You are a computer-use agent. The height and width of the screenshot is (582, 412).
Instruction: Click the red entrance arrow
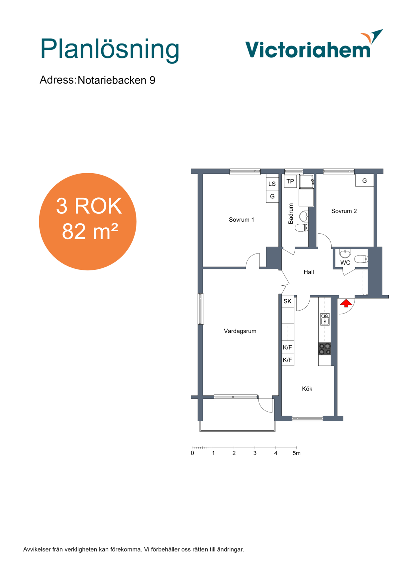click(346, 303)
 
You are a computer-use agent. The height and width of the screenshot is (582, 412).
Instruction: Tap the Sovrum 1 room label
click(241, 220)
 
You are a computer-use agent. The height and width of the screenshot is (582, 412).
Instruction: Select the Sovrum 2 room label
click(344, 211)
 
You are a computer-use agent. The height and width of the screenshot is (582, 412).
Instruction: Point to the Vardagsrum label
click(240, 331)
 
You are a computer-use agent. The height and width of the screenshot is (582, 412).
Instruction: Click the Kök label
click(307, 389)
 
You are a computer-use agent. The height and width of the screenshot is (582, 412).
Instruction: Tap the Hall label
click(309, 272)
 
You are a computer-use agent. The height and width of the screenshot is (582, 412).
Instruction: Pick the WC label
click(345, 263)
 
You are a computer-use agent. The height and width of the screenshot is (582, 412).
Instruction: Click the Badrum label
click(291, 214)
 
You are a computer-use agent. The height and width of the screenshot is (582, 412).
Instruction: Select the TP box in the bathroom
click(290, 182)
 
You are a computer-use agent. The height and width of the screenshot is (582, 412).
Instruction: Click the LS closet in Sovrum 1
click(272, 184)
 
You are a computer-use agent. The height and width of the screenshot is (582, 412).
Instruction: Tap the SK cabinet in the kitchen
click(288, 301)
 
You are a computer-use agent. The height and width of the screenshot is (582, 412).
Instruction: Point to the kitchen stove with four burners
click(325, 349)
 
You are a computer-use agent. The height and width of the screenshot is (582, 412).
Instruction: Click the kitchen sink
click(325, 319)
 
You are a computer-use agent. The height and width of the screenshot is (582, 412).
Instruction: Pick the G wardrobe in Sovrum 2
click(364, 181)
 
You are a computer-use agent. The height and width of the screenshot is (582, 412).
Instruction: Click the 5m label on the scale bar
click(296, 453)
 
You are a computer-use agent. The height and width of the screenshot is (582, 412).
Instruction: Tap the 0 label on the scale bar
click(192, 453)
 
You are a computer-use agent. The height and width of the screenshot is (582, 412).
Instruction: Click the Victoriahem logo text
click(308, 49)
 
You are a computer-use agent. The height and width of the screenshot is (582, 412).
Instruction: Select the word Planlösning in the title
click(110, 49)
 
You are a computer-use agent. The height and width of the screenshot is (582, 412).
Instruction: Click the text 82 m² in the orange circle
click(90, 231)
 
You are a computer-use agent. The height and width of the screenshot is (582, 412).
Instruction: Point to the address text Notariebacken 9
click(117, 80)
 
